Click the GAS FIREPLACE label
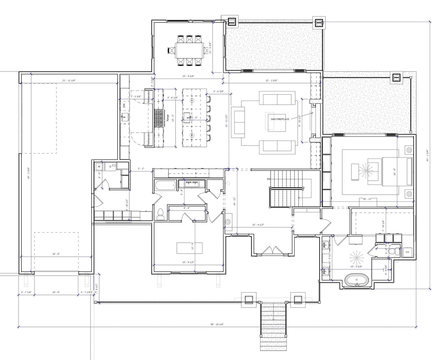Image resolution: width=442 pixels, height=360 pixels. point(280,119)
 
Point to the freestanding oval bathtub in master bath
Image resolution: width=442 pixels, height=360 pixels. point(357,280)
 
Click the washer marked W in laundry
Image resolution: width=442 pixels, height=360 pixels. point(99,167)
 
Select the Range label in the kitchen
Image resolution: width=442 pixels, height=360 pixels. point(168,118)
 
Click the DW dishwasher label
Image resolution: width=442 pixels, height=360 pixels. point(124,106)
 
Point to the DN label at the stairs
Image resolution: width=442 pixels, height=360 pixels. point(269,179)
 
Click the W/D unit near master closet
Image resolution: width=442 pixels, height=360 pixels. point(407,252)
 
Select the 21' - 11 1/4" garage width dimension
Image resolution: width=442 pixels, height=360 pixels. point(69,81)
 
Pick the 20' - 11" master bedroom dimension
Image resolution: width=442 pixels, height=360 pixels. point(367,199)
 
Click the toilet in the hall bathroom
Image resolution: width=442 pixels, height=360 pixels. point(160,215)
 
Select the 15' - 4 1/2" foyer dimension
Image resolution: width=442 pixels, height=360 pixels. point(258,225)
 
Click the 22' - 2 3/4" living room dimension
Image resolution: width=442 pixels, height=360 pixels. point(271,81)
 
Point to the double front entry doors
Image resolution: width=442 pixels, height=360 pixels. point(272,250)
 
